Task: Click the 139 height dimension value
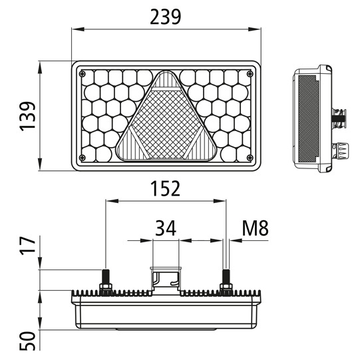coord(27,116)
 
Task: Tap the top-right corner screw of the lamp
coord(249,74)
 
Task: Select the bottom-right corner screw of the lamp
coord(249,158)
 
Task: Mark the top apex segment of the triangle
coord(166,83)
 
